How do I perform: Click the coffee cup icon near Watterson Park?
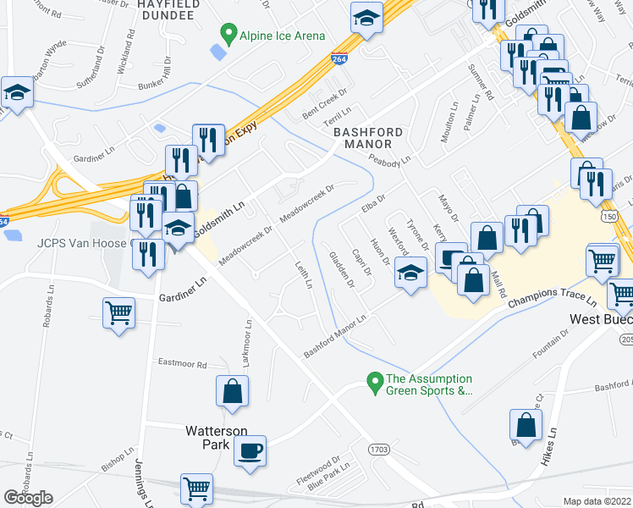[x=250, y=450]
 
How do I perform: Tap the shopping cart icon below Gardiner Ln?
[x=118, y=312]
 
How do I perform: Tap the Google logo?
[x=28, y=498]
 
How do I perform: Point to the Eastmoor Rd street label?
[x=183, y=363]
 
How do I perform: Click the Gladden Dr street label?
[x=342, y=270]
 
